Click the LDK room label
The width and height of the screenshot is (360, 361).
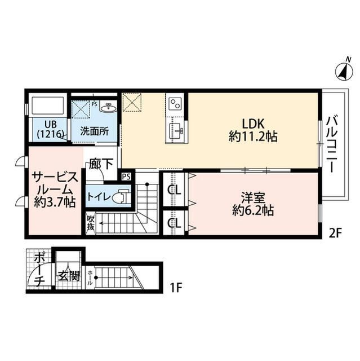click(x=253, y=124)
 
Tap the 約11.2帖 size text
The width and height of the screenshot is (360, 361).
click(x=253, y=137)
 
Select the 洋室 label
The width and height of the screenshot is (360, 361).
click(x=253, y=198)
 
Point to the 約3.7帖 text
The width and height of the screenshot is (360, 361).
click(x=55, y=202)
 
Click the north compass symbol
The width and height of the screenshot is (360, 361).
click(x=344, y=72)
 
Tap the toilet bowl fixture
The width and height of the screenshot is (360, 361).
click(x=121, y=197)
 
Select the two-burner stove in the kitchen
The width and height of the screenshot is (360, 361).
click(x=175, y=103)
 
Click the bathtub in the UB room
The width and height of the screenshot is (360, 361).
click(x=48, y=105)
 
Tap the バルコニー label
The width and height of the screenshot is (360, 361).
click(x=333, y=144)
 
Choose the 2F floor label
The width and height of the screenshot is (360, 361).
click(x=336, y=234)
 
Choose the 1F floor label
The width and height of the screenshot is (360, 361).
click(x=176, y=288)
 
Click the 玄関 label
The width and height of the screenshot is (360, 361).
click(x=69, y=276)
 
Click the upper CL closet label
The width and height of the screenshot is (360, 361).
click(x=174, y=190)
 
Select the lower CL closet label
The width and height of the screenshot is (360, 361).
click(x=174, y=223)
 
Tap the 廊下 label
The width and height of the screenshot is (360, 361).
click(x=101, y=164)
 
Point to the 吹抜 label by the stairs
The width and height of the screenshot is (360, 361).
click(x=91, y=223)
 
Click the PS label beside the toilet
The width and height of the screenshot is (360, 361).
click(x=126, y=177)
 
